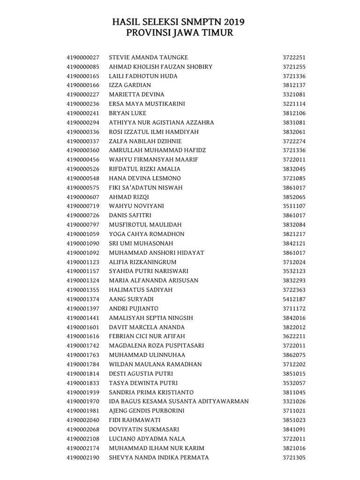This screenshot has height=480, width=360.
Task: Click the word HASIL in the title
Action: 128,22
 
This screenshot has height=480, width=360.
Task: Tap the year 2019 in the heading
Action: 234,22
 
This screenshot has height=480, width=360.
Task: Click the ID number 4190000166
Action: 83,85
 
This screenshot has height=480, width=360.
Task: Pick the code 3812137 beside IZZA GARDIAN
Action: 294,85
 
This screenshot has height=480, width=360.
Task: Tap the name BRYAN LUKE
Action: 127,113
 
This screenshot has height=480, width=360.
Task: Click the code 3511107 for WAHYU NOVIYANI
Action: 294,206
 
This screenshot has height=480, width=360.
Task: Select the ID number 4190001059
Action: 83,234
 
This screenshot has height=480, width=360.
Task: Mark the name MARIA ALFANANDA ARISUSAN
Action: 153,280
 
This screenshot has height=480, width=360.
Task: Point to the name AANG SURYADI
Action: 131,299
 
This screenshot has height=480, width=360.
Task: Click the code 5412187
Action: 294,299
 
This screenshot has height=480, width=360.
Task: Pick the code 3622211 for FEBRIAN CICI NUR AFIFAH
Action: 294,336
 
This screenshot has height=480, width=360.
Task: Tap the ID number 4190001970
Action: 83,401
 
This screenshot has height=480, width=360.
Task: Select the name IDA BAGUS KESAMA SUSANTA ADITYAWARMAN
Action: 179,401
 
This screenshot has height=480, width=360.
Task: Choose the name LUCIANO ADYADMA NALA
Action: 147,439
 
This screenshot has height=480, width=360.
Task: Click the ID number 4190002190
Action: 83,457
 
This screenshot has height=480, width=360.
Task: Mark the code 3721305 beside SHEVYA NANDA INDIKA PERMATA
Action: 294,457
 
